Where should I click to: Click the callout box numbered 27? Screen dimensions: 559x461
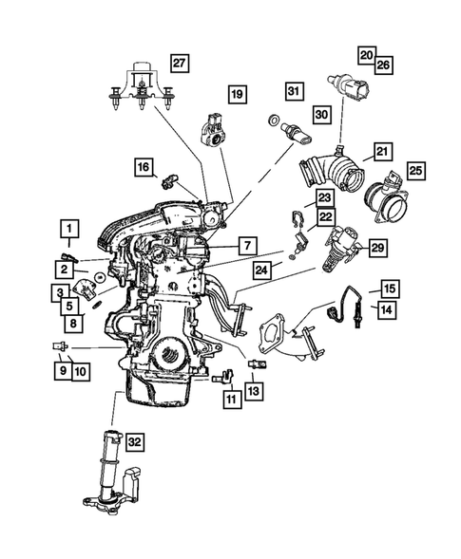[x=178, y=63]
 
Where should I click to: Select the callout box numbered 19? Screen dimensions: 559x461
[x=236, y=93]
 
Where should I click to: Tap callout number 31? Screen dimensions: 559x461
[x=294, y=91]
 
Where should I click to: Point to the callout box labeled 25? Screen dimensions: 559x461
[x=416, y=171]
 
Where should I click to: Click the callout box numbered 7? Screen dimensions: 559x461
[x=245, y=246]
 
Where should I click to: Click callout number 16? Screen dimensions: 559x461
[x=143, y=168]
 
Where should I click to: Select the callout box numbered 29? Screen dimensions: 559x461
[x=377, y=248]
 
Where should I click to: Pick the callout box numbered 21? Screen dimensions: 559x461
[x=381, y=151]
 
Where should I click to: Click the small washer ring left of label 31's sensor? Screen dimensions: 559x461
[x=273, y=122]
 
